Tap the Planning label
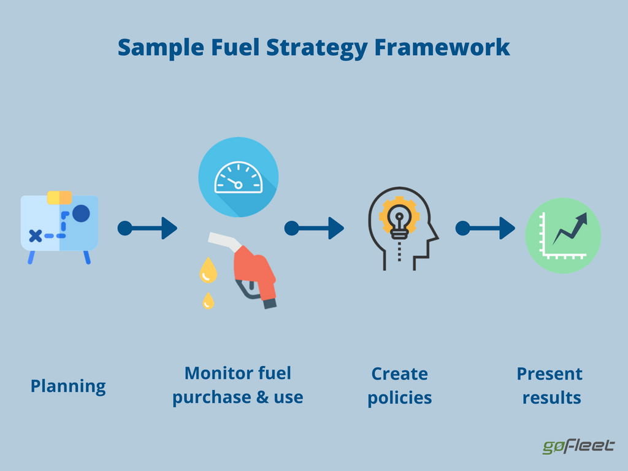point(68,386)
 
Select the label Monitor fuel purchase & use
point(238,385)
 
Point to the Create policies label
point(400,386)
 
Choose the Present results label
point(550,386)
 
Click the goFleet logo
point(578,446)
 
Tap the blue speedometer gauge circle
point(238,177)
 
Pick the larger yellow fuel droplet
point(209,270)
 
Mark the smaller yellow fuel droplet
point(209,301)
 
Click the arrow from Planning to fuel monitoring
point(147,228)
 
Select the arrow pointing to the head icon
point(314,228)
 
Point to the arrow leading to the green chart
point(485,228)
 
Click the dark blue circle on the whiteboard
point(80,213)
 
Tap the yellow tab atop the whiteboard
point(59,197)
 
